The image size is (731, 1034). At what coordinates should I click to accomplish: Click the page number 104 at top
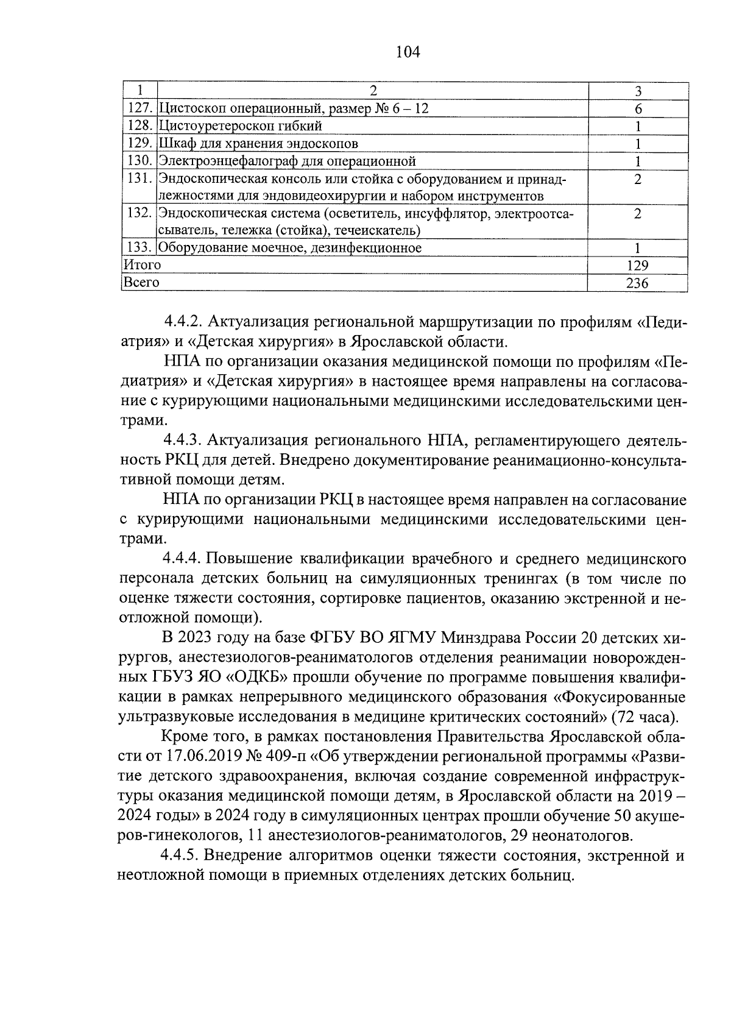click(x=408, y=52)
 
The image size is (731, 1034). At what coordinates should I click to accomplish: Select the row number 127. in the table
click(x=139, y=109)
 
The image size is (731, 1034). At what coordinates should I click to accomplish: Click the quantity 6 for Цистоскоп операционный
click(x=638, y=109)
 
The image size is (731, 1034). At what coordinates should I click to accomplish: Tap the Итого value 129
click(x=637, y=266)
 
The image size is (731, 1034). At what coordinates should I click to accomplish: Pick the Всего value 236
click(x=637, y=283)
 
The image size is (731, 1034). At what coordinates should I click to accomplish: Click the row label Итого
click(x=142, y=265)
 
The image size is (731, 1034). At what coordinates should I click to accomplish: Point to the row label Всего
click(x=141, y=283)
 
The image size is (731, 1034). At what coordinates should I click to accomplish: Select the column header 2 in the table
click(x=373, y=91)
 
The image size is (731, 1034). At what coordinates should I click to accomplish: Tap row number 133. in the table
click(x=139, y=248)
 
